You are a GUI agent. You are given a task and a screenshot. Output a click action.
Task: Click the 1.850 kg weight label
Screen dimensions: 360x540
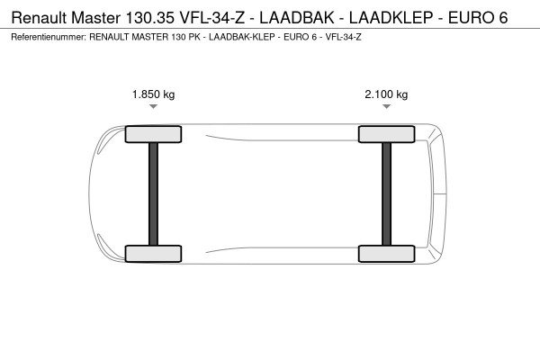[x=153, y=94]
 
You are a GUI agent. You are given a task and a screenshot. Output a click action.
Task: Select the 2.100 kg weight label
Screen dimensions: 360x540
[x=386, y=94]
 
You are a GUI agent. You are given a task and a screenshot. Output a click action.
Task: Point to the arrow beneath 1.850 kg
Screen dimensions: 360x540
[x=153, y=107]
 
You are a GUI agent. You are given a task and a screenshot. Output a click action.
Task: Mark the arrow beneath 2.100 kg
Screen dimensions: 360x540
[x=386, y=107]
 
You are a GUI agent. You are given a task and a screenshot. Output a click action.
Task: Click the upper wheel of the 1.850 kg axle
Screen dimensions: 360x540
[x=153, y=135]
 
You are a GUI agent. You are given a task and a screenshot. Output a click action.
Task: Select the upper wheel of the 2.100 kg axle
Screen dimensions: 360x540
[x=386, y=135]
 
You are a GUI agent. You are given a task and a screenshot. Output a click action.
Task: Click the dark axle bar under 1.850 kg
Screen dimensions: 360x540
[x=153, y=193]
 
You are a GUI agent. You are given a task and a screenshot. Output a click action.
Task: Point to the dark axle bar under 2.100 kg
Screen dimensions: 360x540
[x=386, y=193]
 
